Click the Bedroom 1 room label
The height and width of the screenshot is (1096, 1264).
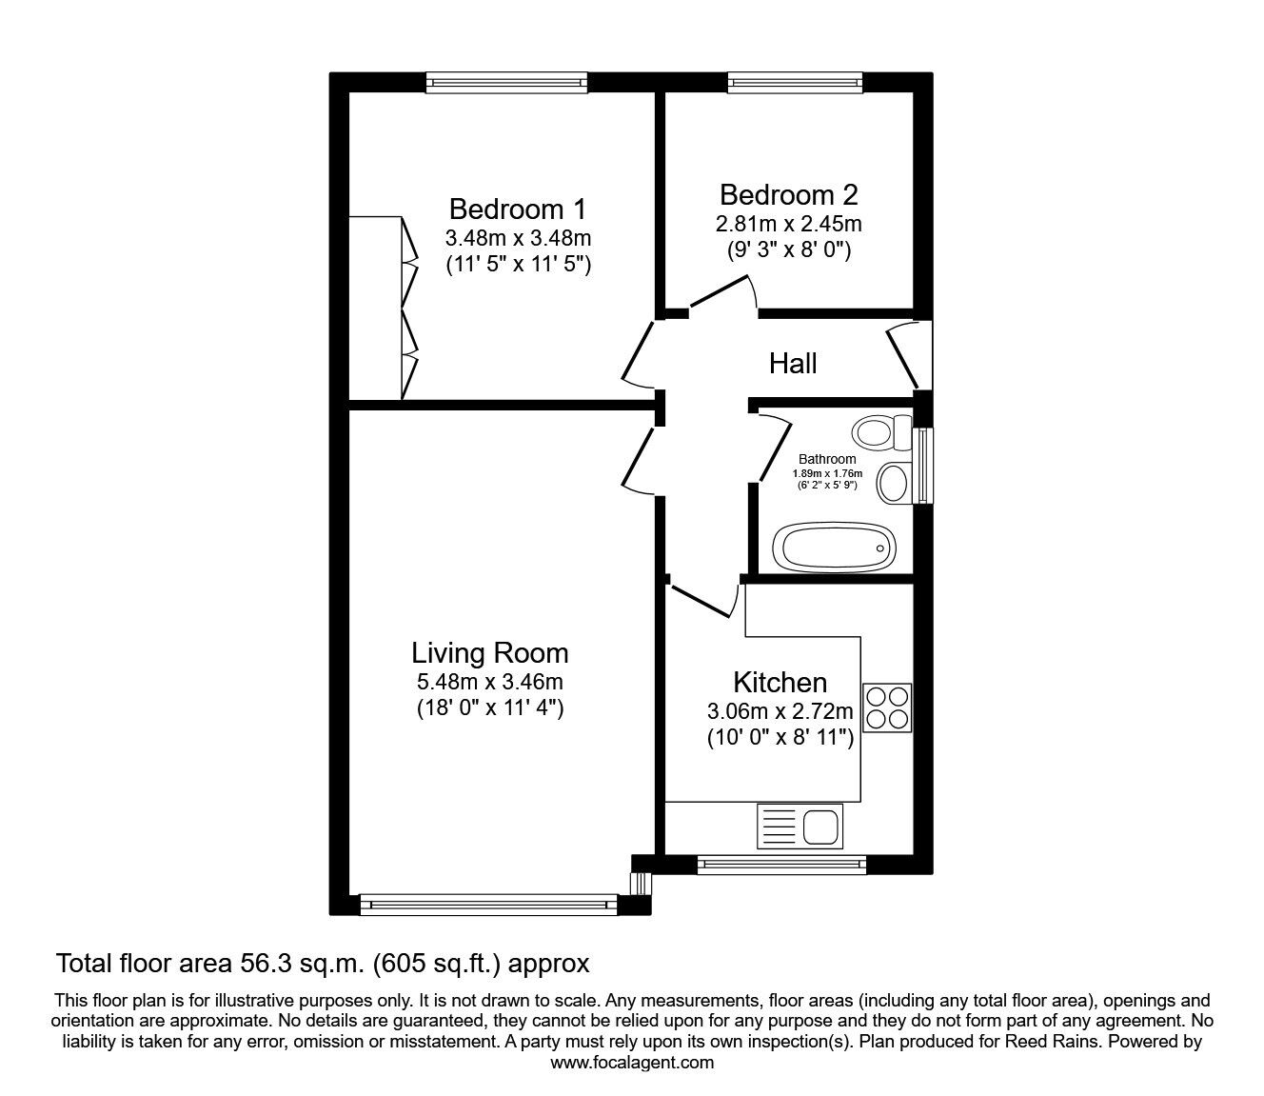pyautogui.click(x=519, y=209)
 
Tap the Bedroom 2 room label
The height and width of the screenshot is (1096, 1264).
pyautogui.click(x=788, y=195)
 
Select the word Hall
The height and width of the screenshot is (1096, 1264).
pyautogui.click(x=793, y=363)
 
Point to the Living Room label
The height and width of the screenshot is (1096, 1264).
pyautogui.click(x=489, y=653)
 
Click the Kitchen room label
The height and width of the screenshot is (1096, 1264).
pyautogui.click(x=780, y=683)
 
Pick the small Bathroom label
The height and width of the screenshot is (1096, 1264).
pyautogui.click(x=826, y=459)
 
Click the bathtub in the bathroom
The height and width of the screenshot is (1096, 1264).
pyautogui.click(x=834, y=548)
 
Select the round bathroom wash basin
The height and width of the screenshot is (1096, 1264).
pyautogui.click(x=893, y=483)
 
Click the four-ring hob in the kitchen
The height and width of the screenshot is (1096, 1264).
pyautogui.click(x=886, y=707)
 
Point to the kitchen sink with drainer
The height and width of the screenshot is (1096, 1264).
pyautogui.click(x=800, y=825)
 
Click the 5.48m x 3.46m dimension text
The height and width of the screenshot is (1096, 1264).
pyautogui.click(x=489, y=682)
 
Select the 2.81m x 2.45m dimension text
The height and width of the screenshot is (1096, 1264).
pyautogui.click(x=788, y=225)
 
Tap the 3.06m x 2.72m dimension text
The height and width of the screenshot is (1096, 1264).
pyautogui.click(x=780, y=711)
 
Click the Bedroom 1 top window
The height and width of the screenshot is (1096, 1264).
pyautogui.click(x=506, y=83)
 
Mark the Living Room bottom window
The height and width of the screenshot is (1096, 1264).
pyautogui.click(x=489, y=904)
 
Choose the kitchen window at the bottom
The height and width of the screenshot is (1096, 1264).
pyautogui.click(x=780, y=865)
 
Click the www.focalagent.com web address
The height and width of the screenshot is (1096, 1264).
pyautogui.click(x=632, y=1063)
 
